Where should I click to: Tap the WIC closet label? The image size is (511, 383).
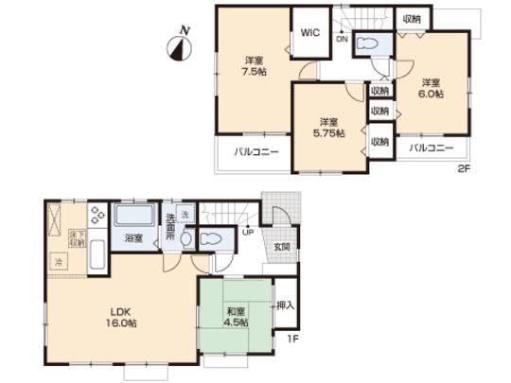(309, 32)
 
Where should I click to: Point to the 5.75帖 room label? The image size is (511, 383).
(329, 127)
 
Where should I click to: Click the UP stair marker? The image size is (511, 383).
(248, 231)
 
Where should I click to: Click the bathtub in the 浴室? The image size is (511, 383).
(134, 219)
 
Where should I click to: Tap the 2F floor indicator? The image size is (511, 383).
(464, 169)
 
